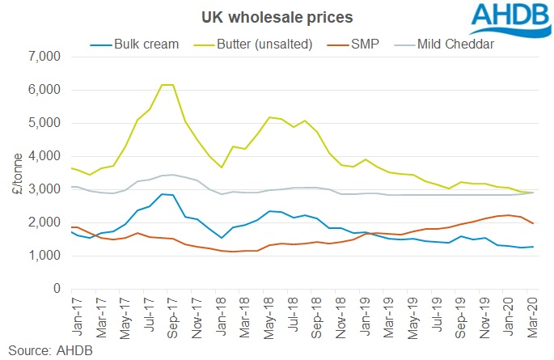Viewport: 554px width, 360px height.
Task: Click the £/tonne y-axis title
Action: coord(17,172)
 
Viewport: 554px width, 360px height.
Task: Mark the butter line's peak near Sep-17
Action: coord(167,85)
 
